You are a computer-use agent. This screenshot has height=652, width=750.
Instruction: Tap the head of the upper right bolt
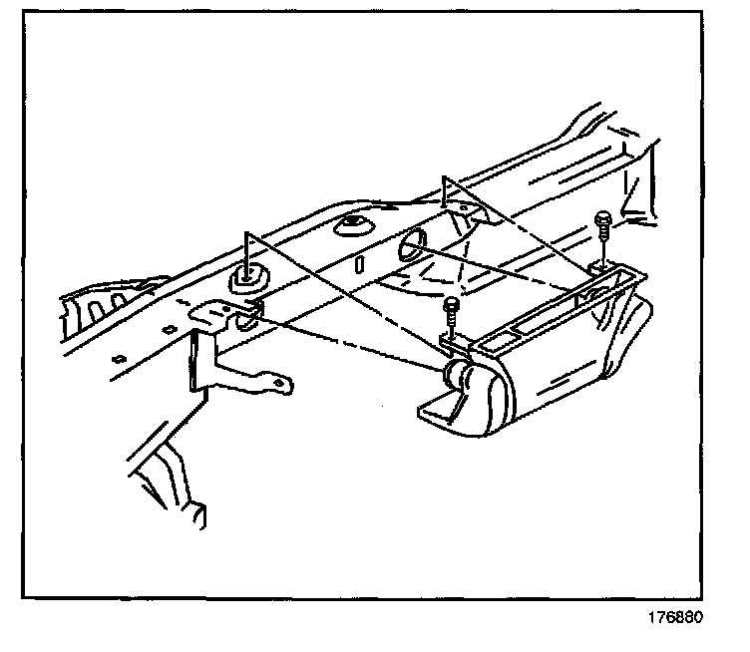point(601,218)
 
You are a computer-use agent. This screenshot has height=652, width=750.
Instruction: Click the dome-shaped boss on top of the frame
point(354,224)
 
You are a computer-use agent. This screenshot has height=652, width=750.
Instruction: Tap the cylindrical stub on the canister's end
point(462,377)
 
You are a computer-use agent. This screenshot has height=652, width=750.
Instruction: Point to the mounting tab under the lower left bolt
point(454,340)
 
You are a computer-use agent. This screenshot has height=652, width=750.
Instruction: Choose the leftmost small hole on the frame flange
point(118,358)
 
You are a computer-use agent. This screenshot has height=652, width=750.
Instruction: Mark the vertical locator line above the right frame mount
point(446,189)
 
